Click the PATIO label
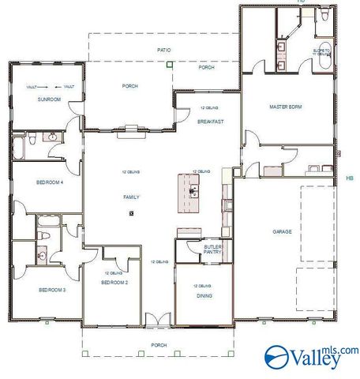coord(163,50)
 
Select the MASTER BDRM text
coord(285,106)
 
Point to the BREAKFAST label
coord(211,122)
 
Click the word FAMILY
coord(131,196)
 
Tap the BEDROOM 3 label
coord(52,290)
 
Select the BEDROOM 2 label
coord(114,282)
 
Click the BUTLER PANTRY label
coord(213,250)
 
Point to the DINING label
coord(204,296)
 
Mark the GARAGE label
coord(283,231)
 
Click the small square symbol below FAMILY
coord(131,213)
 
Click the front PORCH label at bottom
coord(159,345)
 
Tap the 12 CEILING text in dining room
coord(204,285)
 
